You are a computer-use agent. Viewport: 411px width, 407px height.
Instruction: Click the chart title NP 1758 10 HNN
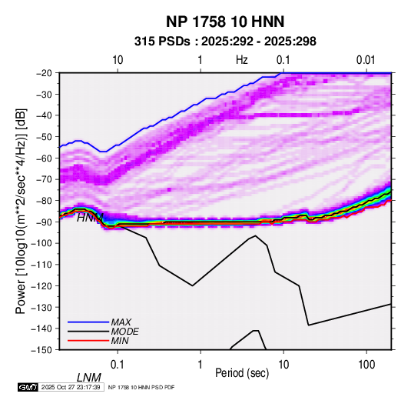(225, 22)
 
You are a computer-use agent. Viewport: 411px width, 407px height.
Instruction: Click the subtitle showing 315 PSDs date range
(225, 42)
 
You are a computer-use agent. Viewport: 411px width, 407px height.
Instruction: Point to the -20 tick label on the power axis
(44, 73)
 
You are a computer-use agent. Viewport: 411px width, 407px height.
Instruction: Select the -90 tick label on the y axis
(44, 222)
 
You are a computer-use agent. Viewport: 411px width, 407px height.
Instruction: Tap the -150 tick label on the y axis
(41, 350)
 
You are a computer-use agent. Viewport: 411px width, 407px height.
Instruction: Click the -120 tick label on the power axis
(41, 286)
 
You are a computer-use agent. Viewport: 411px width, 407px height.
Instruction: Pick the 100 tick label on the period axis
(366, 365)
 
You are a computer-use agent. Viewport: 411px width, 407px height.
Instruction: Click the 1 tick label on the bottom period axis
(201, 365)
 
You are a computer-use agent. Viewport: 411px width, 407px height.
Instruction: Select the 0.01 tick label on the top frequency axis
(366, 60)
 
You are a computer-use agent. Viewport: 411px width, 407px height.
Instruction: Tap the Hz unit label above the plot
(242, 60)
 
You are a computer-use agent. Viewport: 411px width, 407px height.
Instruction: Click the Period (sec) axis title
(242, 373)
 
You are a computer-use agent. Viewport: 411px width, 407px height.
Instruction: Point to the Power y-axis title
(21, 211)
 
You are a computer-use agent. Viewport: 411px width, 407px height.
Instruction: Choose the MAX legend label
(121, 322)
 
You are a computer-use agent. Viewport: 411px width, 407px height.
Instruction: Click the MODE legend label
(124, 332)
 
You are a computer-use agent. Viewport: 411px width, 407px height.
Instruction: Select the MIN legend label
(120, 341)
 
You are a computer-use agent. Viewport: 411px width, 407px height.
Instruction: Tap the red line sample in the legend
(88, 341)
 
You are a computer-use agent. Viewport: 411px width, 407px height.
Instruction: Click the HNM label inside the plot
(90, 218)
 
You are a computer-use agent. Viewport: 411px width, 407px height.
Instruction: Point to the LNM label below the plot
(89, 378)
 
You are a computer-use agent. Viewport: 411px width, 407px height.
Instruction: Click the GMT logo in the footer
(28, 387)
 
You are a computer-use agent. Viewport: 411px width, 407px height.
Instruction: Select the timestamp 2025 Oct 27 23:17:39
(71, 387)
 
